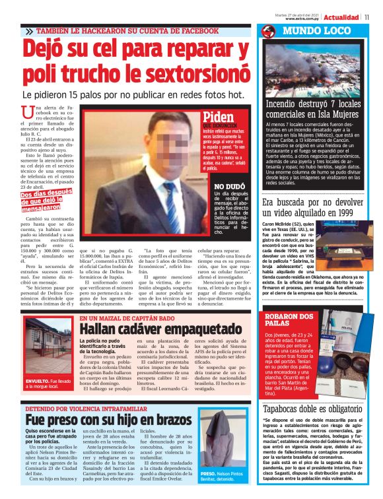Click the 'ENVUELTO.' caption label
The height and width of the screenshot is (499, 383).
(38, 381)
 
